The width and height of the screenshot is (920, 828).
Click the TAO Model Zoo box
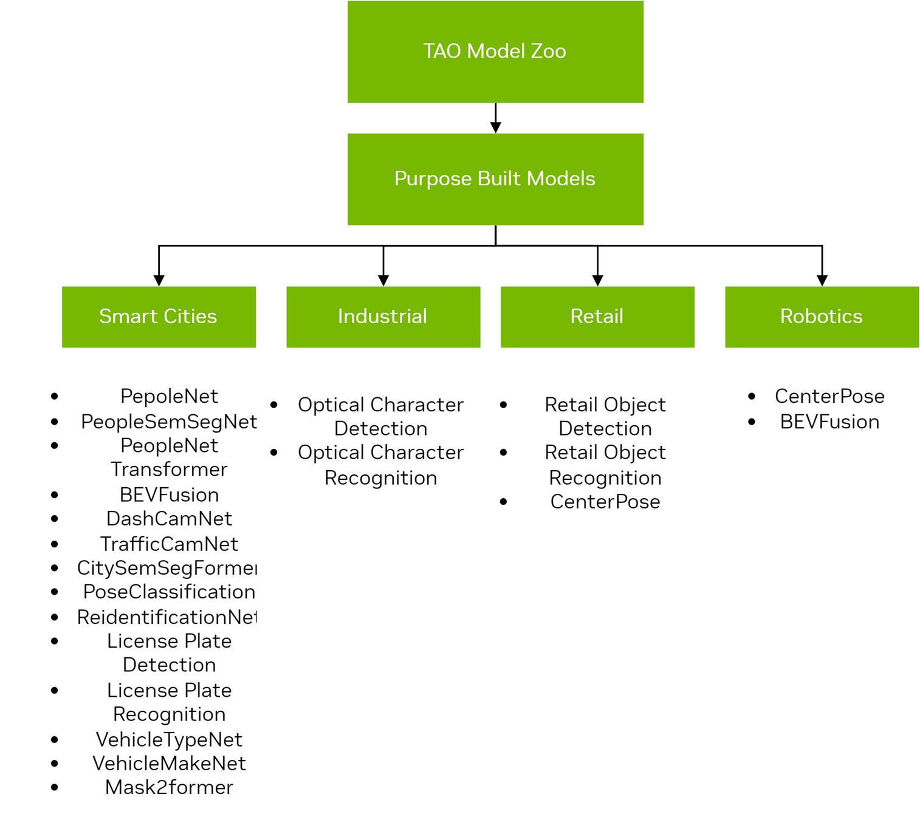pos(495,52)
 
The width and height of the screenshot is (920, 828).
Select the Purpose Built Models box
pos(495,179)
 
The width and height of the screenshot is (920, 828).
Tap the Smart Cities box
pos(159,316)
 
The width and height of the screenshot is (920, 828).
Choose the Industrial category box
pos(383,316)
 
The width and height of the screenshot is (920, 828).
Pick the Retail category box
pos(597,316)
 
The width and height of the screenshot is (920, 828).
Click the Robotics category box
pos(822,316)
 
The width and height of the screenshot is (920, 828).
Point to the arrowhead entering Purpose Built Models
pos(495,127)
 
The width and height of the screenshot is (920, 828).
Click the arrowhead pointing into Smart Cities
pos(159,279)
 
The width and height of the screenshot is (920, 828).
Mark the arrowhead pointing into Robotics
pos(822,279)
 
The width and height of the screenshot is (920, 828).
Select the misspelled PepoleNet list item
pos(169,396)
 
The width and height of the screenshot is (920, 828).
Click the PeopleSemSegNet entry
pos(169,422)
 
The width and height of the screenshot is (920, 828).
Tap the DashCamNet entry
pos(169,519)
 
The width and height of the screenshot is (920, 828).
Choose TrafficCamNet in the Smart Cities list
pos(169,544)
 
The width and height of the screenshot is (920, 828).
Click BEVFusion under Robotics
pos(829,422)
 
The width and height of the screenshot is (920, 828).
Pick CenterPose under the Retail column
pos(605,502)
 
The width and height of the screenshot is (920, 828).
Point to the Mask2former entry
pos(169,787)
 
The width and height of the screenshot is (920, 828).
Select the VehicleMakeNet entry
pos(169,764)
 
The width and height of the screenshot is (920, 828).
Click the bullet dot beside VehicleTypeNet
pos(55,739)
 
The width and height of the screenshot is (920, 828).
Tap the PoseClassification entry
pos(169,592)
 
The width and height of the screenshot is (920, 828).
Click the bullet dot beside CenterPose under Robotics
pos(752,396)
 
